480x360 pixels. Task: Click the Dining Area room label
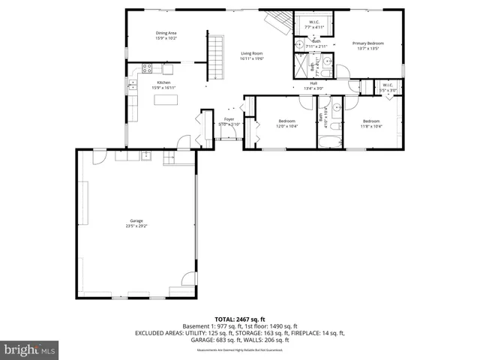166,33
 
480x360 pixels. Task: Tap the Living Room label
251,53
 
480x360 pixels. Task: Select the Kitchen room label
163,82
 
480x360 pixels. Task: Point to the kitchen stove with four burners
147,69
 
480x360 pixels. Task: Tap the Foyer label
229,119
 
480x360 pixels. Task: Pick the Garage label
136,220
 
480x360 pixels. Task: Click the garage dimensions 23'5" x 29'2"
136,225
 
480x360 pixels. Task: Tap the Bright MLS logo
30,349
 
